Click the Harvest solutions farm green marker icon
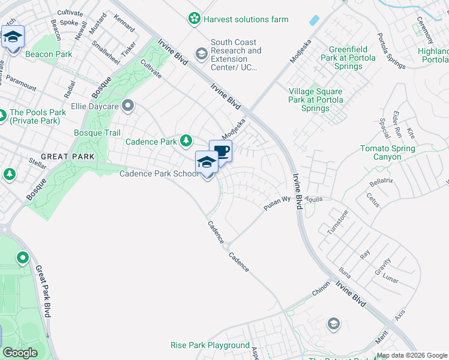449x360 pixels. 194,19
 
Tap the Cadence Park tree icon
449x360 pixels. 186,141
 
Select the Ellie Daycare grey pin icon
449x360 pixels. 127,106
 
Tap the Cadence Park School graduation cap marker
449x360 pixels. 206,162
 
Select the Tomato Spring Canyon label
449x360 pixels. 387,152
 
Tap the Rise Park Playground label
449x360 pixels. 210,345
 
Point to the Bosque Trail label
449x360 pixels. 97,133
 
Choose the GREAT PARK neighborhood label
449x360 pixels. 68,157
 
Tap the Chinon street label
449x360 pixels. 321,290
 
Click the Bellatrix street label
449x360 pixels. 381,181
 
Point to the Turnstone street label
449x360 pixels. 337,223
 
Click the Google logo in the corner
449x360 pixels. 20,353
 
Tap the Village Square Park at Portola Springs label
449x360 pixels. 315,100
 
